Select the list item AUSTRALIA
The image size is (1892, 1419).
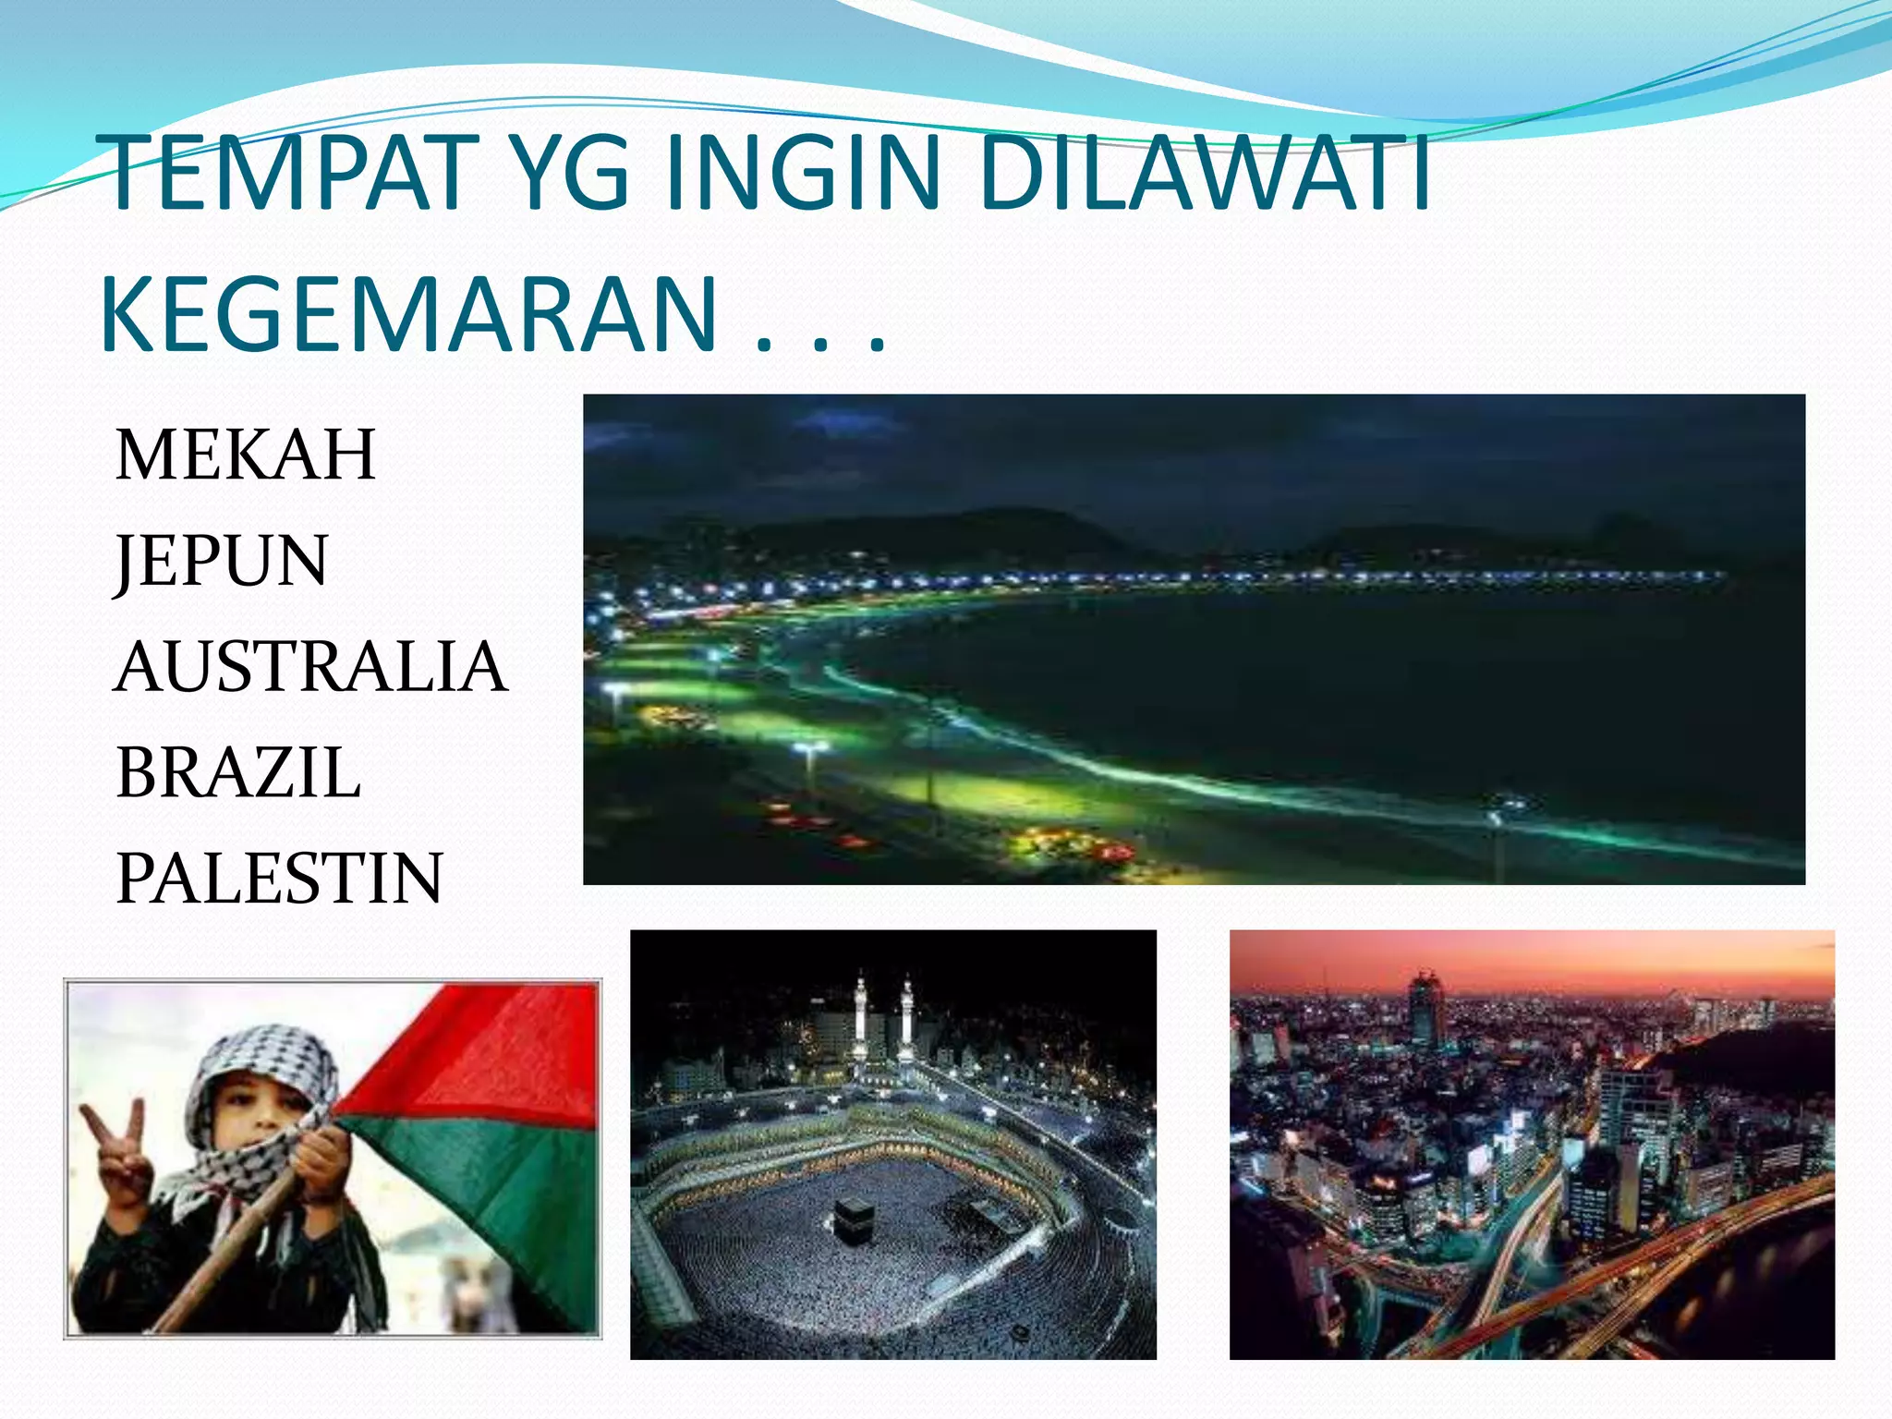click(x=310, y=666)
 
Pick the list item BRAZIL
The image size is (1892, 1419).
click(x=237, y=772)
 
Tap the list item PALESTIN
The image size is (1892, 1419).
click(x=279, y=878)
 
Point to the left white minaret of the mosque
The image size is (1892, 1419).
click(x=861, y=1016)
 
